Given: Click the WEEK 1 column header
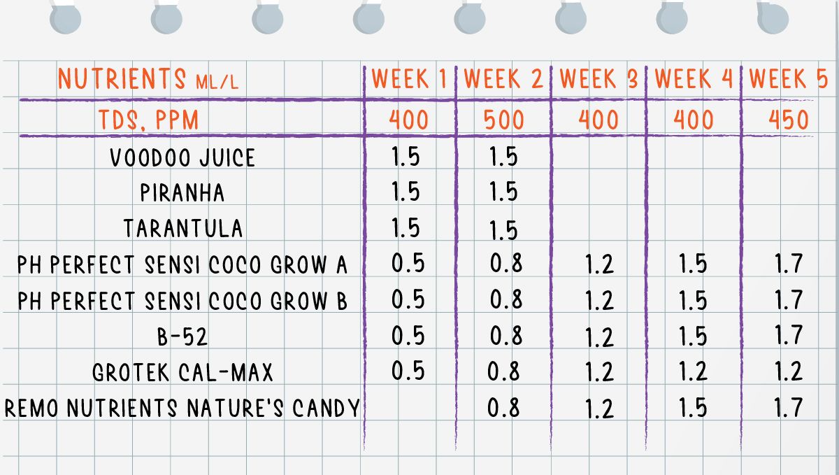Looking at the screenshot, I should (x=409, y=80).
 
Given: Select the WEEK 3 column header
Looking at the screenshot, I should (x=598, y=80).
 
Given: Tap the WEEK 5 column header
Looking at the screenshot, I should (x=788, y=80).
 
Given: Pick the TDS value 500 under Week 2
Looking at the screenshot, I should (x=503, y=120).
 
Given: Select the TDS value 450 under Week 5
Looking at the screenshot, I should (x=788, y=120).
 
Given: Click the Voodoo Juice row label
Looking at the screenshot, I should (x=182, y=157).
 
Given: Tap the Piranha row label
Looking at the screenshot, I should (x=182, y=192).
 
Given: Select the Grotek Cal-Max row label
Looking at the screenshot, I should (x=182, y=371).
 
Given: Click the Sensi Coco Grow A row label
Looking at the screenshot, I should (x=182, y=265).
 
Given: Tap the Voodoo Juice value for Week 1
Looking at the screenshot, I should (x=406, y=157).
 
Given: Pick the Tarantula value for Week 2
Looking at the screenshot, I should (x=503, y=229).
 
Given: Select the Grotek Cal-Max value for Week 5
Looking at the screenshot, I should (x=789, y=371).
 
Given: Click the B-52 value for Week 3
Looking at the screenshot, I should (x=599, y=337).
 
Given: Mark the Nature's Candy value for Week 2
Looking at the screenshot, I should (x=505, y=407).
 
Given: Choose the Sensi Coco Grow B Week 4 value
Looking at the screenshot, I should (x=693, y=301).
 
